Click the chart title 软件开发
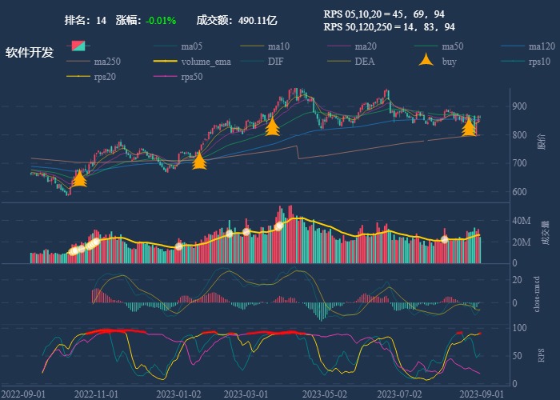pyautogui.click(x=30, y=53)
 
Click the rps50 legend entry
pyautogui.click(x=191, y=78)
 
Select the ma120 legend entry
pyautogui.click(x=541, y=46)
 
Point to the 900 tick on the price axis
pyautogui.click(x=519, y=106)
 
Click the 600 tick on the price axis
pyautogui.click(x=519, y=192)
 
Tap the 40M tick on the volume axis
pyautogui.click(x=521, y=221)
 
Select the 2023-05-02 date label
pyautogui.click(x=328, y=394)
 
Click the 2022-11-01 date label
pyautogui.click(x=96, y=394)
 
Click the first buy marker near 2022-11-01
pyautogui.click(x=79, y=178)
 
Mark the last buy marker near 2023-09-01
pyautogui.click(x=469, y=126)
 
